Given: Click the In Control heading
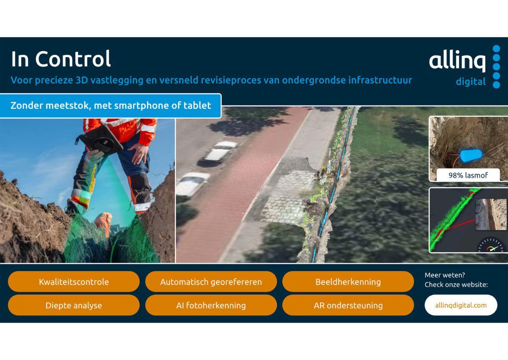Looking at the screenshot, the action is (61, 59).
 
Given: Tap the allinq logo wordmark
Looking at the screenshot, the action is (457, 61).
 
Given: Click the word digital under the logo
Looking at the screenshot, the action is (471, 81).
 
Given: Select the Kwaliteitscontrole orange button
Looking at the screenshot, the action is (74, 282).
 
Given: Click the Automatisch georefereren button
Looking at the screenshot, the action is (211, 282).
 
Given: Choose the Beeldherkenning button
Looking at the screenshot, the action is (348, 282).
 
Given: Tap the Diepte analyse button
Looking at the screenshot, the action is (74, 305).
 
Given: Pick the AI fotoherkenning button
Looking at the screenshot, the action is (211, 305).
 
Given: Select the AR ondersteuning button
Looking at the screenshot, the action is (348, 305).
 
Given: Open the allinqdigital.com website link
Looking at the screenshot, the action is (461, 305).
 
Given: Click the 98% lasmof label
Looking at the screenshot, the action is (468, 175).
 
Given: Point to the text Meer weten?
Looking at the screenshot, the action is (445, 275).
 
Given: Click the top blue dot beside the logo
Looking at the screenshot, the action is (496, 49).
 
